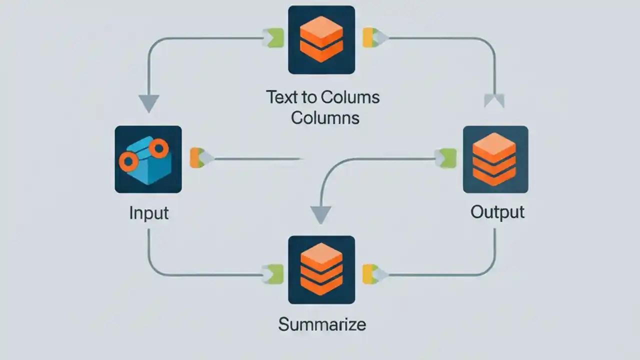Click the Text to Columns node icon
pos(321,39)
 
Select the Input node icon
pos(148,159)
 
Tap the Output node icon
pos(495,159)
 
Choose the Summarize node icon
pos(321,269)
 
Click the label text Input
pos(149,213)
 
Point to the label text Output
pos(497,212)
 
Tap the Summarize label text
pos(322,324)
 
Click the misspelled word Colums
pos(350,97)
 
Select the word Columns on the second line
pos(325,117)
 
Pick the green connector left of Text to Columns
pos(274,38)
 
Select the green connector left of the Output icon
pos(448,158)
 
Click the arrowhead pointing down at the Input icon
pos(148,103)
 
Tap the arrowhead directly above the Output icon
pos(494,101)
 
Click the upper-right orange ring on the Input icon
pos(159,147)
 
